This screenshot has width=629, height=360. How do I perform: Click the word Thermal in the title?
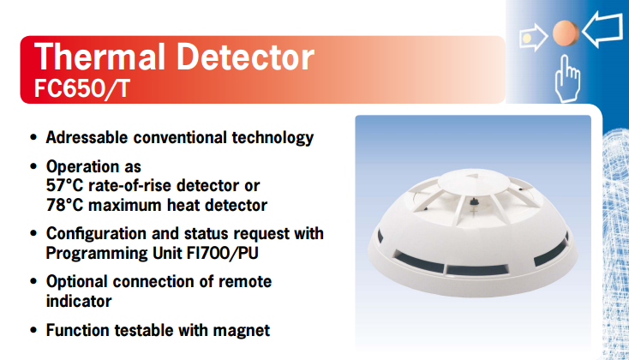pyautogui.click(x=99, y=57)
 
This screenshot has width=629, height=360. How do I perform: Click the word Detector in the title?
pyautogui.click(x=245, y=57)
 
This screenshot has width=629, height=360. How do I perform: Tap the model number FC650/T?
pyautogui.click(x=81, y=88)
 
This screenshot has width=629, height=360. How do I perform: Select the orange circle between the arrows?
pyautogui.click(x=566, y=33)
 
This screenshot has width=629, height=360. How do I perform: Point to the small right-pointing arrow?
pyautogui.click(x=534, y=38)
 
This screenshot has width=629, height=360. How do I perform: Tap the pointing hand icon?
pyautogui.click(x=567, y=79)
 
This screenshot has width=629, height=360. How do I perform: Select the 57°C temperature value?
pyautogui.click(x=64, y=185)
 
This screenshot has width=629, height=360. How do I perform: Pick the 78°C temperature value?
pyautogui.click(x=64, y=205)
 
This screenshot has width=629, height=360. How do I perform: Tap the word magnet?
pyautogui.click(x=242, y=331)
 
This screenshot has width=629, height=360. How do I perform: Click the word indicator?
pyautogui.click(x=79, y=302)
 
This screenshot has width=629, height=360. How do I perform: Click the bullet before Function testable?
pyautogui.click(x=33, y=331)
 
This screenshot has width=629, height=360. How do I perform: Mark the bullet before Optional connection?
pyautogui.click(x=33, y=282)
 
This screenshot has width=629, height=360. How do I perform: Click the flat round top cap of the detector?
pyautogui.click(x=473, y=182)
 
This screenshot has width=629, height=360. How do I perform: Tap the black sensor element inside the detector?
pyautogui.click(x=474, y=201)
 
